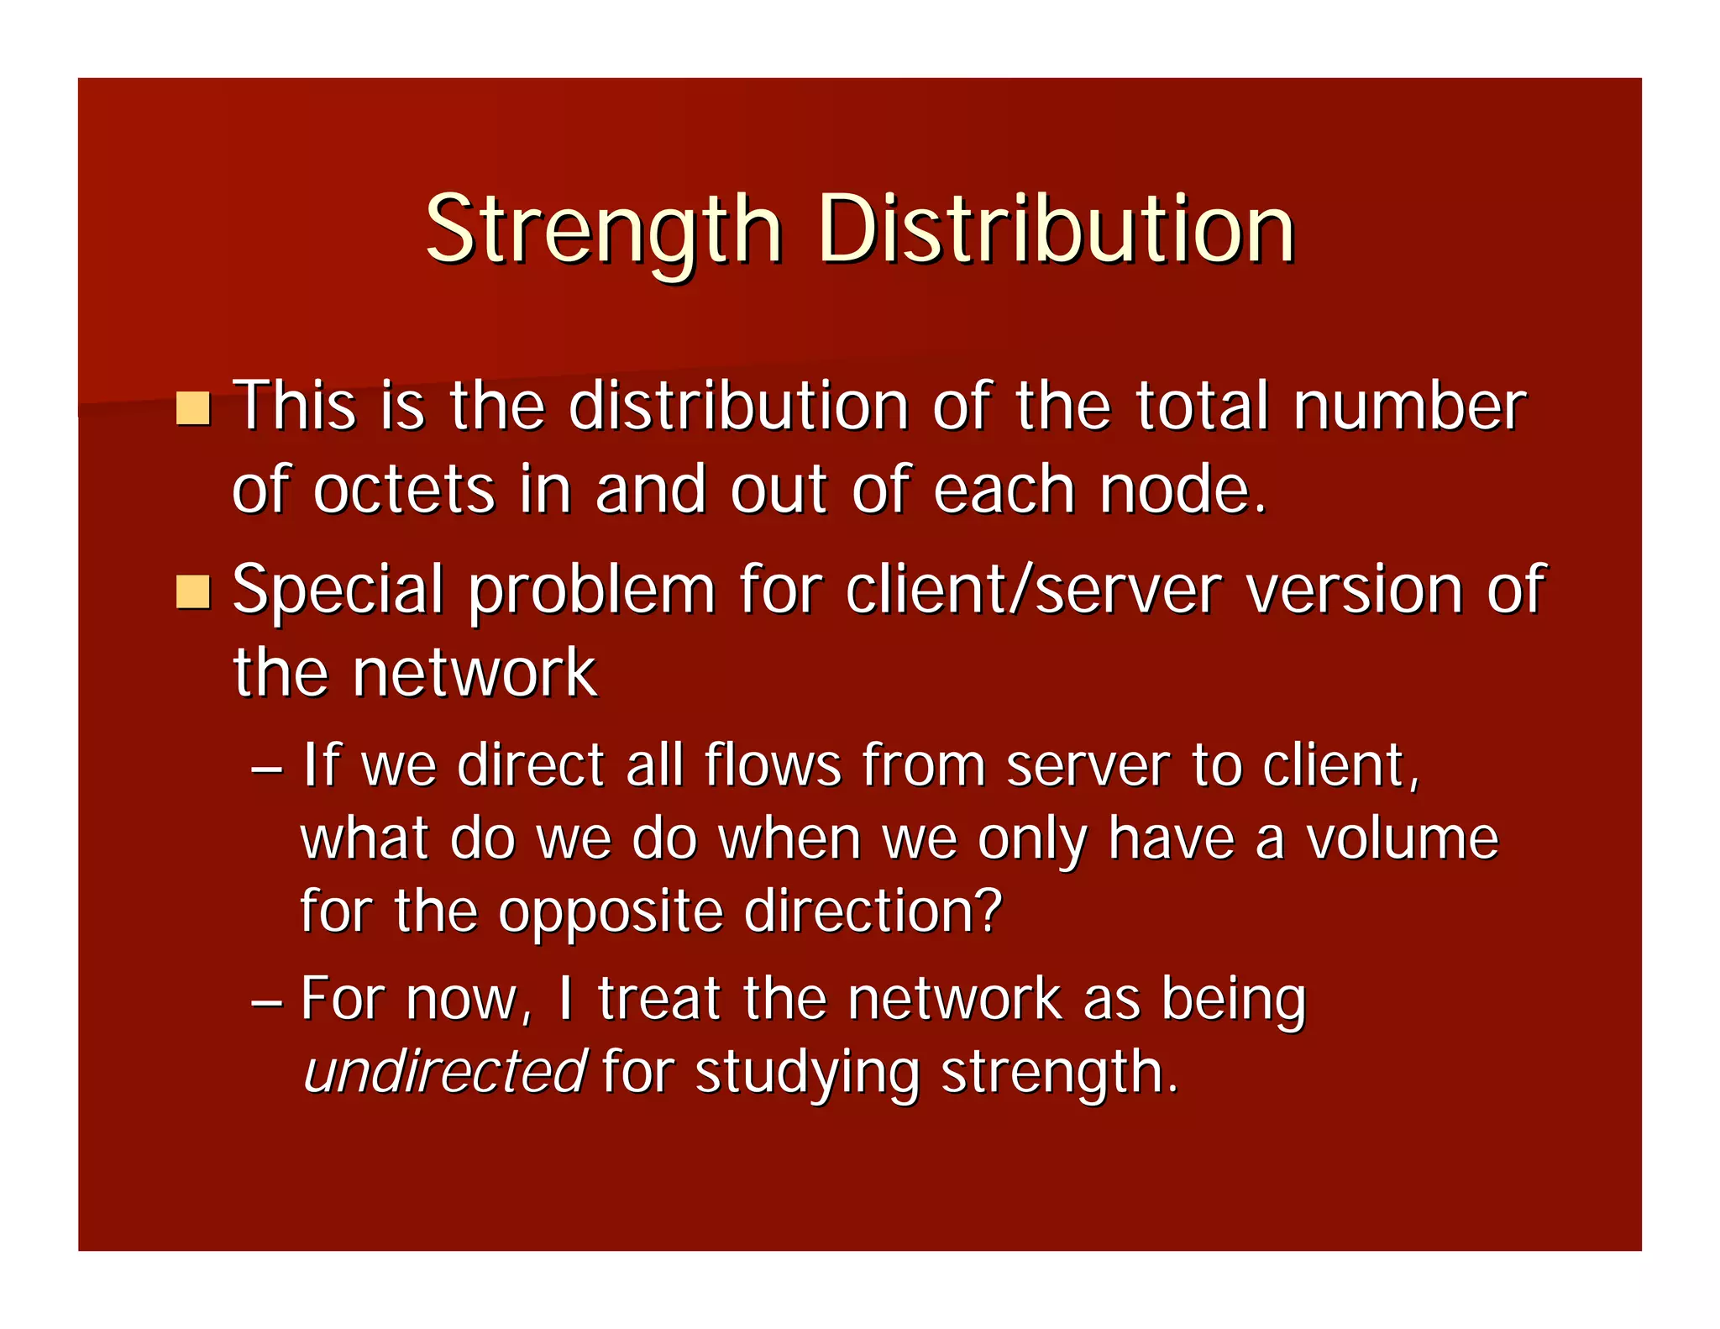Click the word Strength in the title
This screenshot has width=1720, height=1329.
coord(604,230)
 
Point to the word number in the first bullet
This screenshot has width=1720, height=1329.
coord(1409,407)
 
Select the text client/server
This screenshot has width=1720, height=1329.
coord(1034,590)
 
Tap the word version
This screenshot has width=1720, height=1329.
coord(1356,590)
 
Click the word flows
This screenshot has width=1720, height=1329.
coord(773,765)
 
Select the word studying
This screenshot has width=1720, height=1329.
coord(807,1074)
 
